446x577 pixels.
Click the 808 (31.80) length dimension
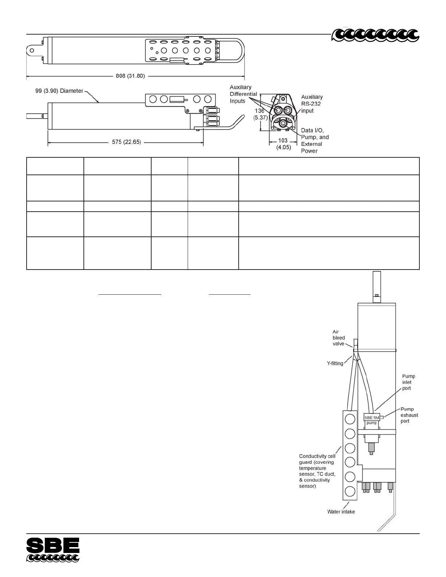click(130, 76)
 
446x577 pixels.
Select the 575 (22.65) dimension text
click(126, 142)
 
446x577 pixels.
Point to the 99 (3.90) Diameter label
click(59, 91)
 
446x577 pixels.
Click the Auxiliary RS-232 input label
click(312, 104)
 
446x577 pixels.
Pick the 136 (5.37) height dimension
click(261, 114)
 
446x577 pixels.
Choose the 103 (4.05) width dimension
click(283, 144)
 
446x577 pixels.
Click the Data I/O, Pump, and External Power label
click(314, 141)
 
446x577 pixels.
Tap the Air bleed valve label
click(339, 338)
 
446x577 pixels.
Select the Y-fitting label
click(335, 363)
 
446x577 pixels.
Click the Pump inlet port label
click(408, 382)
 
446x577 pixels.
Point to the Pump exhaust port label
click(409, 415)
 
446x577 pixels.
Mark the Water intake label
click(341, 511)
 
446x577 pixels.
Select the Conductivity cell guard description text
click(317, 471)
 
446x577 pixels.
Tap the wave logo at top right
click(375, 35)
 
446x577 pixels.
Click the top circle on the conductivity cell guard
click(350, 419)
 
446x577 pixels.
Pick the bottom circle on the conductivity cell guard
click(350, 491)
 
